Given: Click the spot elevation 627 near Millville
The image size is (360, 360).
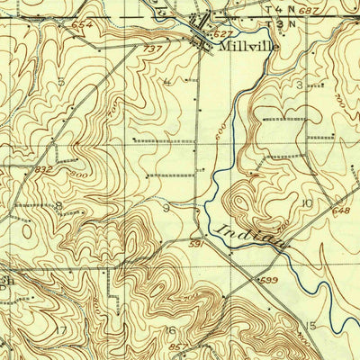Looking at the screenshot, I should tap(222, 33).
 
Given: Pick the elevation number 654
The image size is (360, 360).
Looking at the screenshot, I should tap(84, 23).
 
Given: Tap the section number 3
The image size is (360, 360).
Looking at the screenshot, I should tap(300, 85).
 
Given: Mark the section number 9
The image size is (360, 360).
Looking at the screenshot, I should tap(166, 208).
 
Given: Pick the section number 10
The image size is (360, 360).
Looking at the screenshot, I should tap(307, 203).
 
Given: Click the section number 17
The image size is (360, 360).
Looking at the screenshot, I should tap(59, 329).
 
